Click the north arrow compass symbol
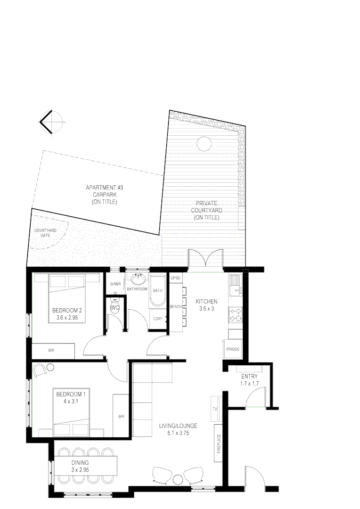(x=50, y=122)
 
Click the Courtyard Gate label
(x=45, y=232)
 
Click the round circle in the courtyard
(x=204, y=143)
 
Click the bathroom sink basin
(x=139, y=279)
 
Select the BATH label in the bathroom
(x=157, y=290)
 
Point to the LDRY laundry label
(x=158, y=318)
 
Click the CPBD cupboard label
(x=176, y=278)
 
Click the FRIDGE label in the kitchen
(x=233, y=349)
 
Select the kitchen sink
(x=234, y=285)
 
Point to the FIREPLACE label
(x=219, y=443)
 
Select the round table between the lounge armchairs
(x=178, y=479)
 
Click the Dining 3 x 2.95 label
(x=81, y=466)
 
